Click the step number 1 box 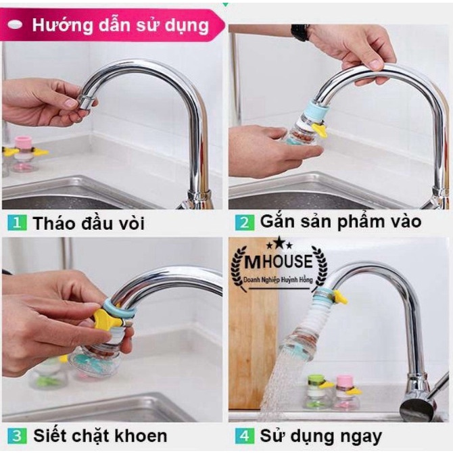click(x=17, y=222)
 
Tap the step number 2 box click(x=244, y=222)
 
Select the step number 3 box click(x=17, y=436)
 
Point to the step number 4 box click(x=244, y=436)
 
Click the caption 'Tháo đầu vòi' click(x=89, y=223)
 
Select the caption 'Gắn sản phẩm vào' click(x=341, y=222)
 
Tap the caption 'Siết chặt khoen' click(x=100, y=436)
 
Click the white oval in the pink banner click(x=15, y=25)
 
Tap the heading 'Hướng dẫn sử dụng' click(x=120, y=26)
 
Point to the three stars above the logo click(x=279, y=243)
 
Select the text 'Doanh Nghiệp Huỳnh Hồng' click(x=278, y=280)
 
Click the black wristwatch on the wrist click(x=300, y=32)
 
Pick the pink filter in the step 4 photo click(x=347, y=392)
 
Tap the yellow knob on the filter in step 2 click(x=320, y=130)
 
